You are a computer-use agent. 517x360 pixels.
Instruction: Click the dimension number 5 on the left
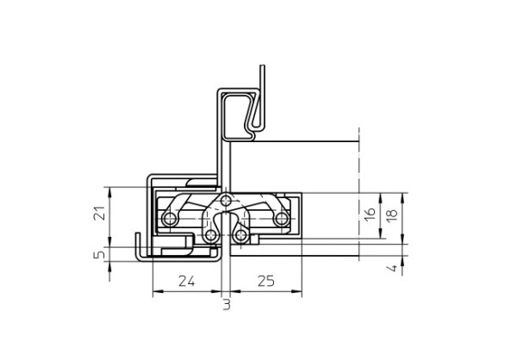pyautogui.click(x=99, y=255)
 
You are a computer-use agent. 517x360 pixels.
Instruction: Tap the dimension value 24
pyautogui.click(x=185, y=281)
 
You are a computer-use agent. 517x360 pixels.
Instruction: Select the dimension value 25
pyautogui.click(x=265, y=281)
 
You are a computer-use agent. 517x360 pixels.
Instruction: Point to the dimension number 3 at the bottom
pyautogui.click(x=226, y=304)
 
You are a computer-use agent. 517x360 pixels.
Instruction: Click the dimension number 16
pyautogui.click(x=370, y=214)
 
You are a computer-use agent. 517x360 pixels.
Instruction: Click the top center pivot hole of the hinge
pyautogui.click(x=227, y=200)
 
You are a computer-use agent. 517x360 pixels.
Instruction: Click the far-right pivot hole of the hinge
pyautogui.click(x=280, y=220)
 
